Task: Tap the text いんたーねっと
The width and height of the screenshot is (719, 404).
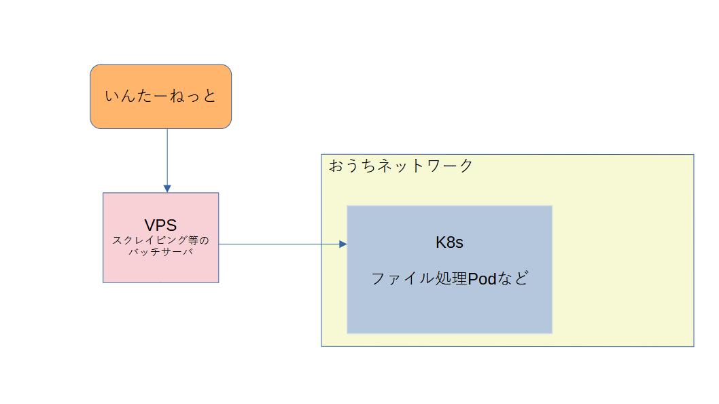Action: [x=160, y=96]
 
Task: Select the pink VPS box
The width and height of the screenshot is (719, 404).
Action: [x=160, y=268]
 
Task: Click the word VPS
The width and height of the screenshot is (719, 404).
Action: [x=160, y=225]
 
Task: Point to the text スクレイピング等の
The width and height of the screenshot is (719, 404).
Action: [x=160, y=240]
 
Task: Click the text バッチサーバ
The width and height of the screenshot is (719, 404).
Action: [x=160, y=252]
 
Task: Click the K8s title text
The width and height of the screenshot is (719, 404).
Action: [x=449, y=242]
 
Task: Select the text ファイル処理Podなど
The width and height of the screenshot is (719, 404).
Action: [x=449, y=278]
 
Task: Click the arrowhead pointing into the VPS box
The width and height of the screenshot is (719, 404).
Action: [x=167, y=188]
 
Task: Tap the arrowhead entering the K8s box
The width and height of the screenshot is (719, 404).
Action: [x=343, y=244]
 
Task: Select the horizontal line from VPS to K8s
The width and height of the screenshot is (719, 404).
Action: [x=279, y=244]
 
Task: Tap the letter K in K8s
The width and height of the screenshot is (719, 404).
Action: [x=440, y=242]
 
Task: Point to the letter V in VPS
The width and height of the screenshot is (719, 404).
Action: [x=150, y=225]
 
